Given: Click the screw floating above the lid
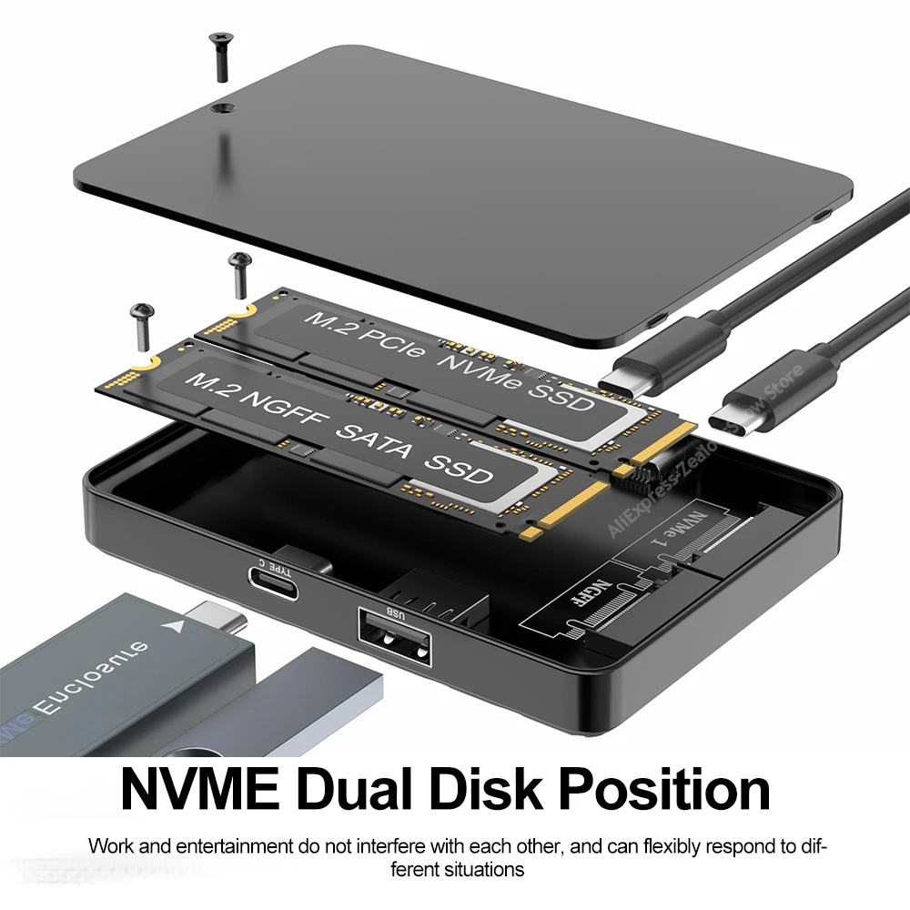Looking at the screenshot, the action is [219, 56].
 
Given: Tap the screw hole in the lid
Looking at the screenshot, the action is [219, 108].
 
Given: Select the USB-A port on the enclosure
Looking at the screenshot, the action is [394, 649].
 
